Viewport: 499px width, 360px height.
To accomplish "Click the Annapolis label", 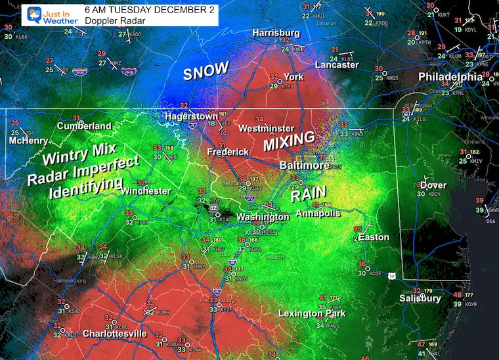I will click(319, 214).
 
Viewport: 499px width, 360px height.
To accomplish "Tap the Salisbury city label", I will click(420, 298).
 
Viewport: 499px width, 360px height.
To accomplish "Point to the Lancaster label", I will click(337, 65).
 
